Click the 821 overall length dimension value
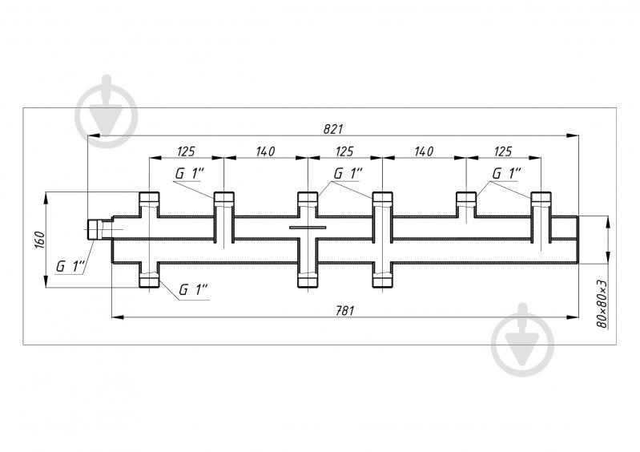(x=333, y=129)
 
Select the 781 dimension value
(x=344, y=311)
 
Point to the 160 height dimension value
(x=39, y=240)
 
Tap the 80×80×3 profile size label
(x=602, y=305)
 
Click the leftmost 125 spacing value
(x=186, y=151)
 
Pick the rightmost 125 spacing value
(x=502, y=151)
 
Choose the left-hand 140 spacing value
(x=265, y=151)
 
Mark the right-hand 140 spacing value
(x=424, y=151)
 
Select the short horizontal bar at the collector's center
(x=308, y=228)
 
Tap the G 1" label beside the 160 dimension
(x=70, y=267)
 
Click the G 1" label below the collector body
(x=193, y=290)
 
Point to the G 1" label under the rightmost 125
(x=506, y=174)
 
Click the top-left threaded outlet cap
(x=149, y=198)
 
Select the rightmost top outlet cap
(x=541, y=198)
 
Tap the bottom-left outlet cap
(x=149, y=280)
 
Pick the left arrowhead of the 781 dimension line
(x=118, y=317)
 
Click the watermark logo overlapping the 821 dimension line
(x=106, y=111)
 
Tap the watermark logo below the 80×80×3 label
(x=522, y=340)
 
